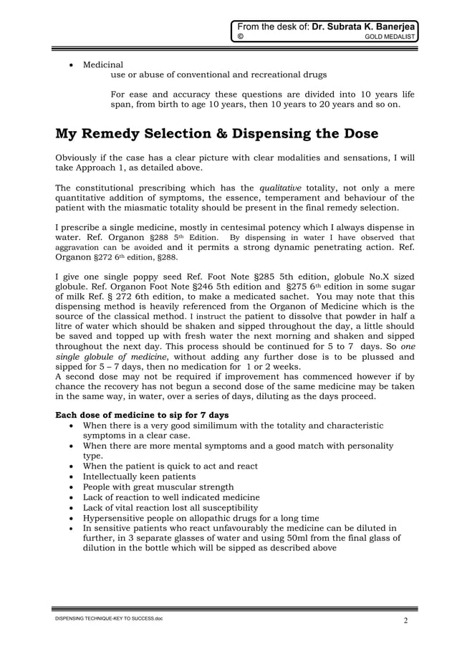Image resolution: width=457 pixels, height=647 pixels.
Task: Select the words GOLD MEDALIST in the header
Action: [x=390, y=38]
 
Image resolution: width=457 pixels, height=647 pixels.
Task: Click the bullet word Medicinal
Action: [x=103, y=64]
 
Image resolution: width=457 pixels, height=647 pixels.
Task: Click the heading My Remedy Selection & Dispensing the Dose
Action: [x=217, y=134]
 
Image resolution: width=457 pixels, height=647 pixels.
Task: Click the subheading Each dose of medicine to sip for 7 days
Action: [x=143, y=415]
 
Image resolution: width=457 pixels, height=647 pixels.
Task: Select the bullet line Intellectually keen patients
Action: [x=139, y=476]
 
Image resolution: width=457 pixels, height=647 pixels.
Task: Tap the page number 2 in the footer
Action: [x=405, y=620]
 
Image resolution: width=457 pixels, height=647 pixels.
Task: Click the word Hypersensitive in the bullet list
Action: [x=115, y=518]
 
